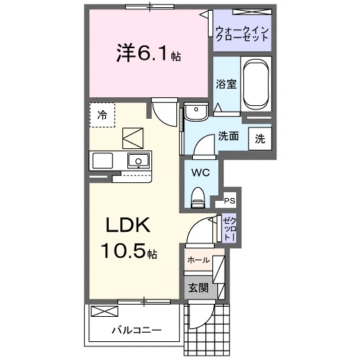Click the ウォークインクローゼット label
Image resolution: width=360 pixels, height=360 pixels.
tap(242, 34)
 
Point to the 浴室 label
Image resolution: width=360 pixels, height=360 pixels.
tap(226, 84)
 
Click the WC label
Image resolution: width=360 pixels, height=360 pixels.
tap(199, 173)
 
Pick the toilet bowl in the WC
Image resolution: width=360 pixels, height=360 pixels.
tap(198, 195)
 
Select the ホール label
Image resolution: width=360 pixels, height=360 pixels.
tap(198, 260)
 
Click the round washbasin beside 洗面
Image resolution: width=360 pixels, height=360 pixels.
tap(194, 112)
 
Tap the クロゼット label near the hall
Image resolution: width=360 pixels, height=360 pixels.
tap(229, 228)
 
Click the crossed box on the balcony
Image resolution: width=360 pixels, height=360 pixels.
tap(105, 311)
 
